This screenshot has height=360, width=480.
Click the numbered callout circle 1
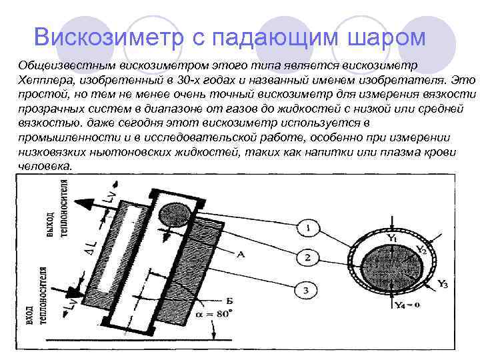pos(308,229)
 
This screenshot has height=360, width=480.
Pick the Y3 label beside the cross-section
pos(442,285)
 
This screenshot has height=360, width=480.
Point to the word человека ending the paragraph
pos(44,166)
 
